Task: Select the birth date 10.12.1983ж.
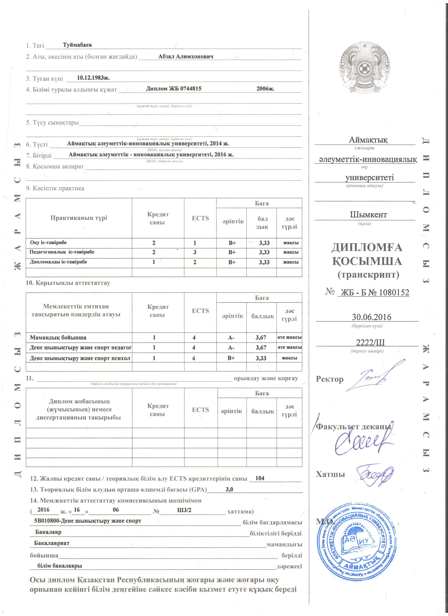[x=93, y=78]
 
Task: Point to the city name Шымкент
[x=368, y=215]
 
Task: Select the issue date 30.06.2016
[x=371, y=317]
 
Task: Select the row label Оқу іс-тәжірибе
[x=48, y=243]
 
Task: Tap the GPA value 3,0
[x=229, y=489]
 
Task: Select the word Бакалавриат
[x=52, y=543]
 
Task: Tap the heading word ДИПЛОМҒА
[x=367, y=247]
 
